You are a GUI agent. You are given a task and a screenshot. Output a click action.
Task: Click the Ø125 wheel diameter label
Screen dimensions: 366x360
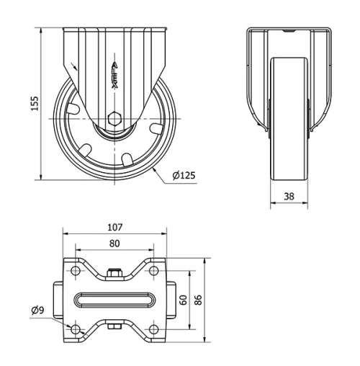coord(184,174)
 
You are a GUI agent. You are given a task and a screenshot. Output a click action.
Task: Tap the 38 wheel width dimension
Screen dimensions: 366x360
coord(289,195)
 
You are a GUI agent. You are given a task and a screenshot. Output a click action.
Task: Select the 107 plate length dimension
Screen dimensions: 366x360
coord(114,227)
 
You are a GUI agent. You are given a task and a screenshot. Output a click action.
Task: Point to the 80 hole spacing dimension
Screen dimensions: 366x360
coord(114,243)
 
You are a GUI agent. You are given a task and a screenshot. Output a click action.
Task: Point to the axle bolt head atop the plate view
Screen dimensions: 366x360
coord(114,272)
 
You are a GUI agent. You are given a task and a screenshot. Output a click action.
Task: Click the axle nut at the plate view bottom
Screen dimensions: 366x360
coord(114,328)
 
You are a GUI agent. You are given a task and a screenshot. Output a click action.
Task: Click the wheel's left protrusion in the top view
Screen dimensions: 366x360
coord(57,299)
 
